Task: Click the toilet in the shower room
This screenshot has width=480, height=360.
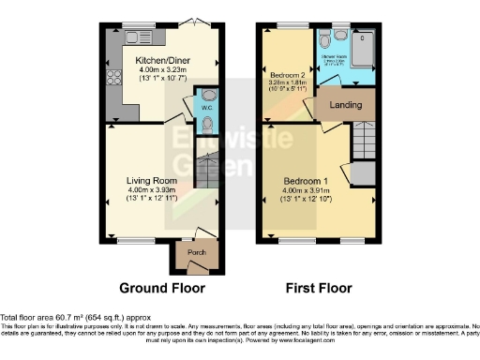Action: tap(324, 41)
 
